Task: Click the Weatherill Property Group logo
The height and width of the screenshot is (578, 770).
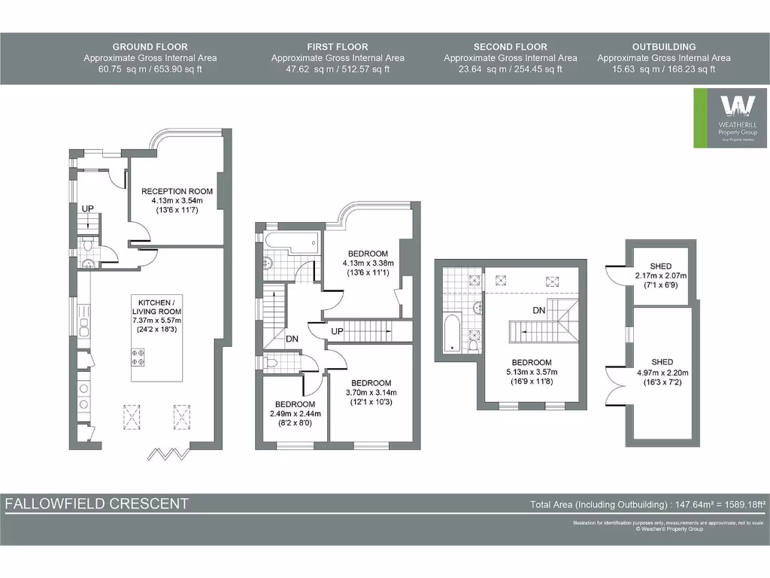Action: (730, 117)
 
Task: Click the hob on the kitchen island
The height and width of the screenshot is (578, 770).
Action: (138, 356)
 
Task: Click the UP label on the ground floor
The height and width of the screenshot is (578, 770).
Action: (88, 208)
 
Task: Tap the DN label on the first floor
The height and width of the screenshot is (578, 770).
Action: (293, 339)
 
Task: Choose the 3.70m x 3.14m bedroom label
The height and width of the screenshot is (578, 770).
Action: (371, 392)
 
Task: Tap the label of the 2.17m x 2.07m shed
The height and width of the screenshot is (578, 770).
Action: (661, 275)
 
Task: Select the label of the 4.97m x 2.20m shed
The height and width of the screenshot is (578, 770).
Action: (661, 372)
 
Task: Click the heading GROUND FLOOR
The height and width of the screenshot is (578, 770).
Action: (150, 47)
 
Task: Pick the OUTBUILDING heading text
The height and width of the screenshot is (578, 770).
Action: (663, 47)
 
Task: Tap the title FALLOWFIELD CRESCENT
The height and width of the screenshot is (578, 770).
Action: (97, 503)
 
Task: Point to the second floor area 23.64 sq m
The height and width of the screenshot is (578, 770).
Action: (477, 69)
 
